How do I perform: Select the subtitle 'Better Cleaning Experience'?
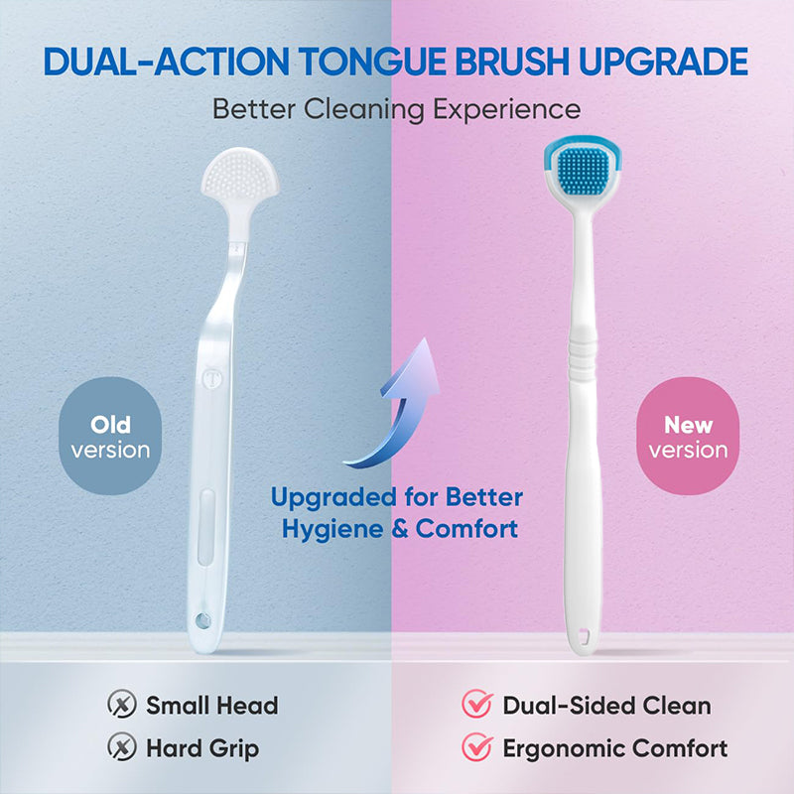pyautogui.click(x=397, y=108)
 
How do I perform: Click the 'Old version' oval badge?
pyautogui.click(x=110, y=437)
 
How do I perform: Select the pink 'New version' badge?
pyautogui.click(x=688, y=437)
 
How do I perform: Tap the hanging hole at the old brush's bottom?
pyautogui.click(x=204, y=620)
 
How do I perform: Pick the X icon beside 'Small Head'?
pyautogui.click(x=121, y=706)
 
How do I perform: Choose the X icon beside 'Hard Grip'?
pyautogui.click(x=121, y=748)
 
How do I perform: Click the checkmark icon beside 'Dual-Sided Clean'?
pyautogui.click(x=477, y=706)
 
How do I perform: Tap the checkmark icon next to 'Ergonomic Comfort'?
pyautogui.click(x=477, y=748)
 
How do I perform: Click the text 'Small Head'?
pyautogui.click(x=211, y=706)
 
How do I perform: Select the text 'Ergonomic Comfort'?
pyautogui.click(x=614, y=748)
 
